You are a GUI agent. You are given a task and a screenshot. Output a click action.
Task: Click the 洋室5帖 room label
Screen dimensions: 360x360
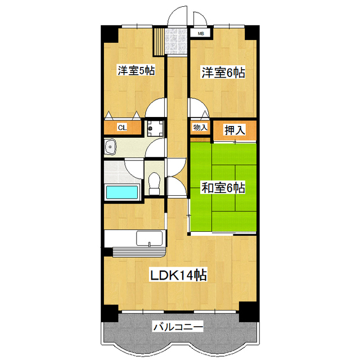point(136,71)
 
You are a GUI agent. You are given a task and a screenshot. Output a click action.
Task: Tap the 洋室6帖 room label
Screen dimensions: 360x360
point(223,73)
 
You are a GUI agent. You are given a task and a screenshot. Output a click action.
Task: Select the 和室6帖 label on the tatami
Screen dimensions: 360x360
point(223,187)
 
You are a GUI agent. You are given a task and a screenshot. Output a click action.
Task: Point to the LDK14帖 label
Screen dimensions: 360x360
point(178,275)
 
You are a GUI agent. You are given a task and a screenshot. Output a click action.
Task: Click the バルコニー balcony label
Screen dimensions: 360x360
point(178,326)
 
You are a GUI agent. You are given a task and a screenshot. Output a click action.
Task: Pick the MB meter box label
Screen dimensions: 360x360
point(201,33)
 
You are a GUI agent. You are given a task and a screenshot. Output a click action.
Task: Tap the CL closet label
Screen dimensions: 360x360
point(121,128)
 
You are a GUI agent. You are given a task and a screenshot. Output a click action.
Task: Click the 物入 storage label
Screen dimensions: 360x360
point(200,127)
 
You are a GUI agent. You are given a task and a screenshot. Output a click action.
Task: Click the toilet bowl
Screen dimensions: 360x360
point(154,182)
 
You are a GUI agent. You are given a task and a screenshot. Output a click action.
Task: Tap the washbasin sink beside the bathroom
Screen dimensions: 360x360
point(110,148)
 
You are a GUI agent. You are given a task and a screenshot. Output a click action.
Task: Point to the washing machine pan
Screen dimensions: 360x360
point(155,128)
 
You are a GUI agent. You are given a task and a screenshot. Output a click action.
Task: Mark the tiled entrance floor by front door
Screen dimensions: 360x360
point(177,39)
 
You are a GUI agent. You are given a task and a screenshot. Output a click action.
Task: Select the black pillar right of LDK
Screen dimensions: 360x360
point(248,310)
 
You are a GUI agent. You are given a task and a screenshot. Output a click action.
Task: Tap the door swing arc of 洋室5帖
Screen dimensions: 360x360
point(156,107)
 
